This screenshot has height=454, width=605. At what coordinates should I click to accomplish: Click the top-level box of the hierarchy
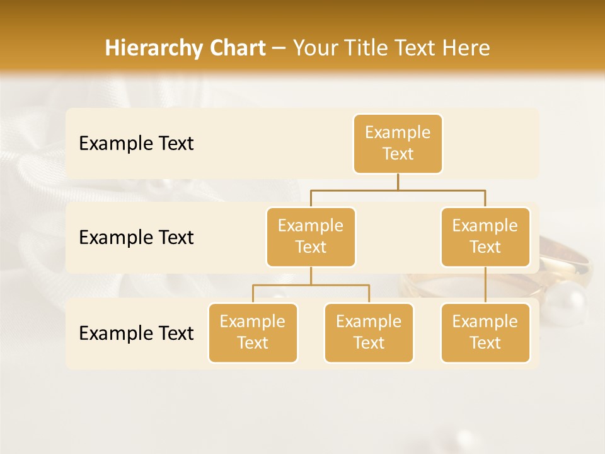398,143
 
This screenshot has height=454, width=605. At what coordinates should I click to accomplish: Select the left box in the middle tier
311,236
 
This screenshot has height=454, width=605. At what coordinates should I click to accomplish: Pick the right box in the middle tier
485,236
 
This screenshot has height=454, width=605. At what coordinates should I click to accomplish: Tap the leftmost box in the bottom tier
253,332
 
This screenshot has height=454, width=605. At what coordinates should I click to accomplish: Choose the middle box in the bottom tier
369,332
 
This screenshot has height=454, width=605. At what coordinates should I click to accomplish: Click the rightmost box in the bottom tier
485,332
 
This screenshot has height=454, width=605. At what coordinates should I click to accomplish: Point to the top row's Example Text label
136,143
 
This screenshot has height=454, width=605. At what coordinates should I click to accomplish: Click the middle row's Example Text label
136,237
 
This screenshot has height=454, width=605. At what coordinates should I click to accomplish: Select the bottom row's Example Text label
136,333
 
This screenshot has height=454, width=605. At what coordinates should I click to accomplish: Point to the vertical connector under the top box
398,182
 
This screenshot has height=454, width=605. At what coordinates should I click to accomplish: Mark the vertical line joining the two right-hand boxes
485,285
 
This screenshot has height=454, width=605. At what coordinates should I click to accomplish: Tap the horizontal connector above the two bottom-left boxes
311,285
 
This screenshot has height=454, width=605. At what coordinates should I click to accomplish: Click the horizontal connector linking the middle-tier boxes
398,189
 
